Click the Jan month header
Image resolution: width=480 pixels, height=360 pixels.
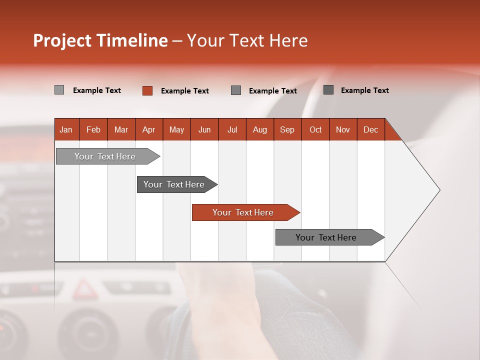coord(66,129)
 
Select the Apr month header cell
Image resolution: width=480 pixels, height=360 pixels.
coord(148,129)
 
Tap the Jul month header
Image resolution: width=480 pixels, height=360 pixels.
coord(232,129)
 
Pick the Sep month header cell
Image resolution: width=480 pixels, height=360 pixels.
coord(287,129)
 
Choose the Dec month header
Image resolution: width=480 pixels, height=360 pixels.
coord(370,129)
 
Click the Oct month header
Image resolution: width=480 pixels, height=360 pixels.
coord(315,129)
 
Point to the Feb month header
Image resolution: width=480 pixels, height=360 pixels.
coord(93,129)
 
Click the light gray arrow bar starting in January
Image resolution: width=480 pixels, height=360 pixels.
coord(105,156)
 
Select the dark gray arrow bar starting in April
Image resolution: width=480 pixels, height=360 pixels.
coord(174,184)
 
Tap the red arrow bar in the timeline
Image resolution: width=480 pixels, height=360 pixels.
coord(243,212)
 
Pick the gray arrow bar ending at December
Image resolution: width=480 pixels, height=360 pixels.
coord(326,237)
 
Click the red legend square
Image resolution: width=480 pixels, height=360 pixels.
coord(147,90)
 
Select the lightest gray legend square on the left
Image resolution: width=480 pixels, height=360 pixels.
coord(59,90)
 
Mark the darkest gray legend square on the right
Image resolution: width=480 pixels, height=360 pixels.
coord(328,90)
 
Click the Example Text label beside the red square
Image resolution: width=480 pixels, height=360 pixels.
coord(185,91)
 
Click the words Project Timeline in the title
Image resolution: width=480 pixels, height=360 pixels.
coord(100,40)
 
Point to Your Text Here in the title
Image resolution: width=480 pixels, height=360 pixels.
coord(247,40)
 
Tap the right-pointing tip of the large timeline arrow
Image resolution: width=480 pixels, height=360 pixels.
coord(438,190)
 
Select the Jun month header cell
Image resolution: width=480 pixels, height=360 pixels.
coord(204,129)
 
